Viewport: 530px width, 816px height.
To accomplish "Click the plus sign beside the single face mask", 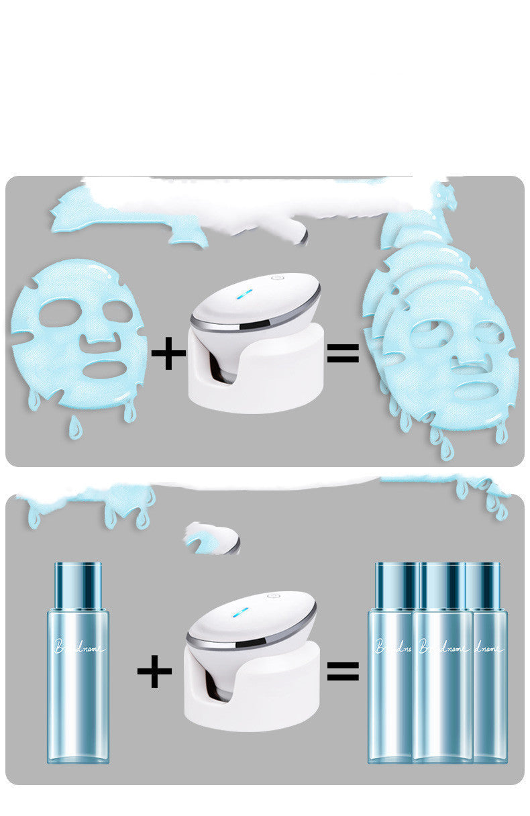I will [x=168, y=354].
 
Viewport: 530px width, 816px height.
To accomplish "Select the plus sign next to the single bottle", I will [x=154, y=672].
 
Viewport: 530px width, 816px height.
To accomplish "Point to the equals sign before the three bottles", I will [x=343, y=670].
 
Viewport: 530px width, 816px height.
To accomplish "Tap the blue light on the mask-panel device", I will [x=245, y=294].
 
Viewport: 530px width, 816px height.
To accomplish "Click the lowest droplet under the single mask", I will [x=76, y=427].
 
